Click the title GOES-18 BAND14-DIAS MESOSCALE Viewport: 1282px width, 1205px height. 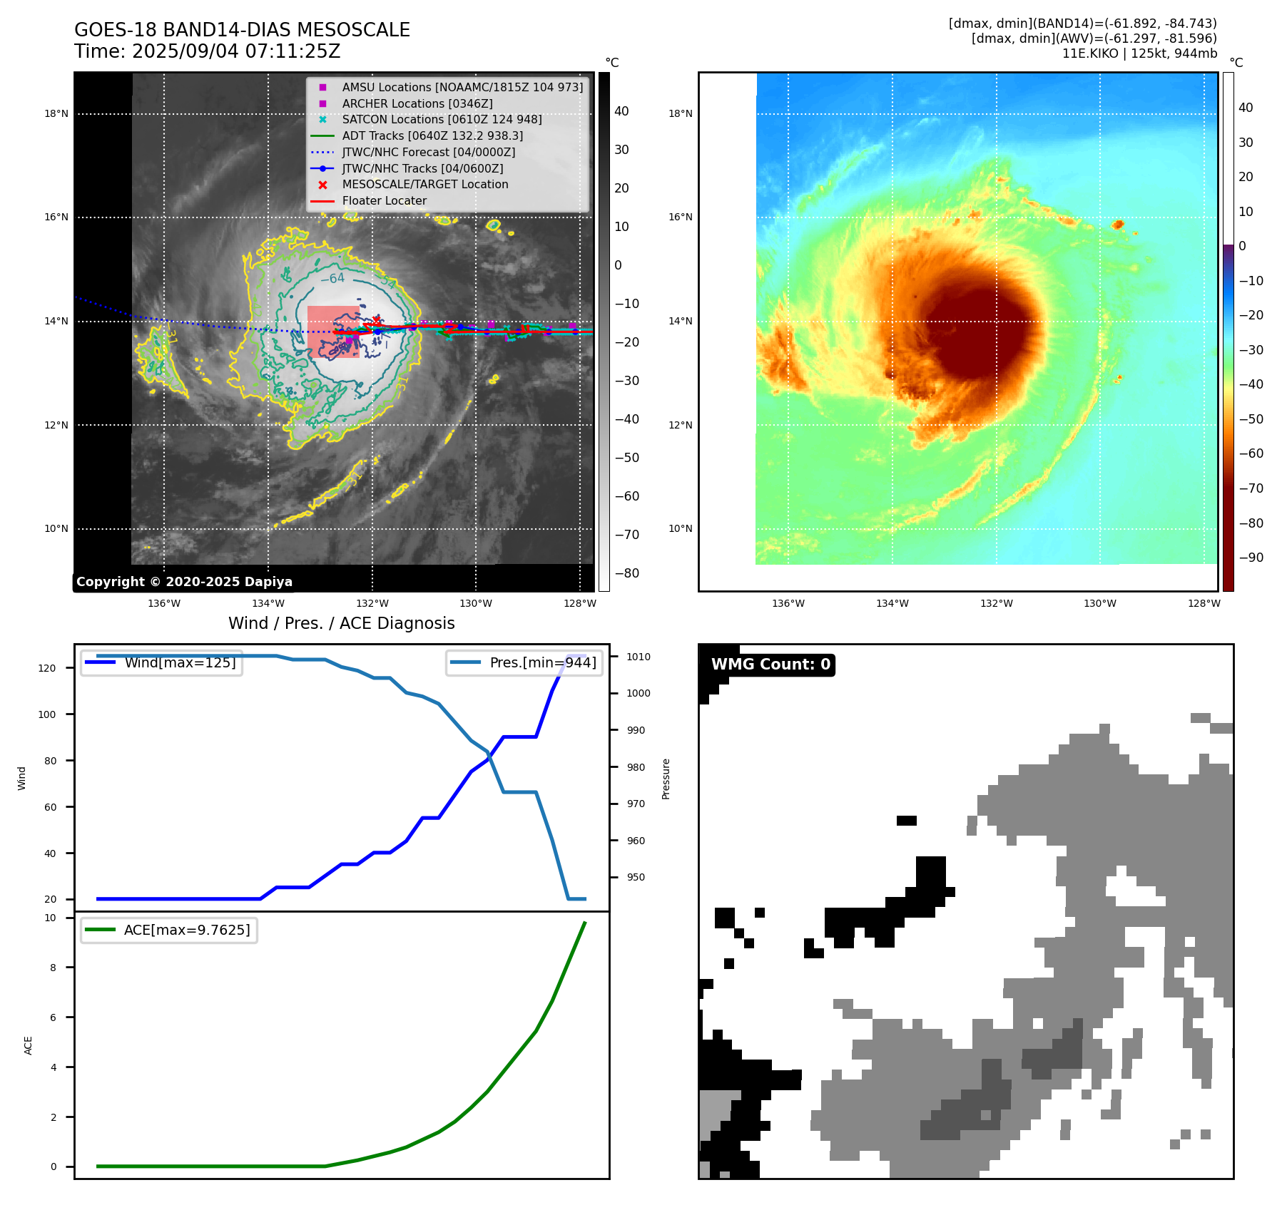(x=242, y=30)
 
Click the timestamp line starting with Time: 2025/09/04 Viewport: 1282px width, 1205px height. (x=207, y=51)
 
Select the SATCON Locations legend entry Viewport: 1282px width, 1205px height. (x=442, y=119)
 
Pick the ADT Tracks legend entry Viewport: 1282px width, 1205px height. (x=432, y=135)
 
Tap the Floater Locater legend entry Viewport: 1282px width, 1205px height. (x=384, y=200)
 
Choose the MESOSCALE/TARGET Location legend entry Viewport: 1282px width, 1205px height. (x=425, y=184)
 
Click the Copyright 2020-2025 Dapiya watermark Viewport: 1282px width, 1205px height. (x=184, y=582)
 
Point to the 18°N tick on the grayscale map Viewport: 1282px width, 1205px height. (x=56, y=113)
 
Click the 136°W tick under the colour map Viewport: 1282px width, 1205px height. (x=788, y=603)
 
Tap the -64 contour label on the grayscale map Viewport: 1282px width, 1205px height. (x=332, y=279)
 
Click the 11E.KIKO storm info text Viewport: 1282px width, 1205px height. (x=1139, y=53)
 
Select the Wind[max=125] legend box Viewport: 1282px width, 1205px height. (x=162, y=662)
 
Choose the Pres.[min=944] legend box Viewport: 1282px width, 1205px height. (x=524, y=662)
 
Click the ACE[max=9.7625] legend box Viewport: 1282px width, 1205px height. (x=170, y=930)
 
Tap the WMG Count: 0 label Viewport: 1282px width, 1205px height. (x=770, y=665)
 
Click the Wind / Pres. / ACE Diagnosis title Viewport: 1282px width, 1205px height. (x=341, y=623)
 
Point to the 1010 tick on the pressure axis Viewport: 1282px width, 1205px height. (x=639, y=657)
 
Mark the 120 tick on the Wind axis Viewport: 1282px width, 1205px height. (x=46, y=668)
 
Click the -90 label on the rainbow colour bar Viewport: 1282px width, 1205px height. (x=1251, y=558)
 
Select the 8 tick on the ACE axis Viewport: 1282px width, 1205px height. (x=53, y=968)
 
